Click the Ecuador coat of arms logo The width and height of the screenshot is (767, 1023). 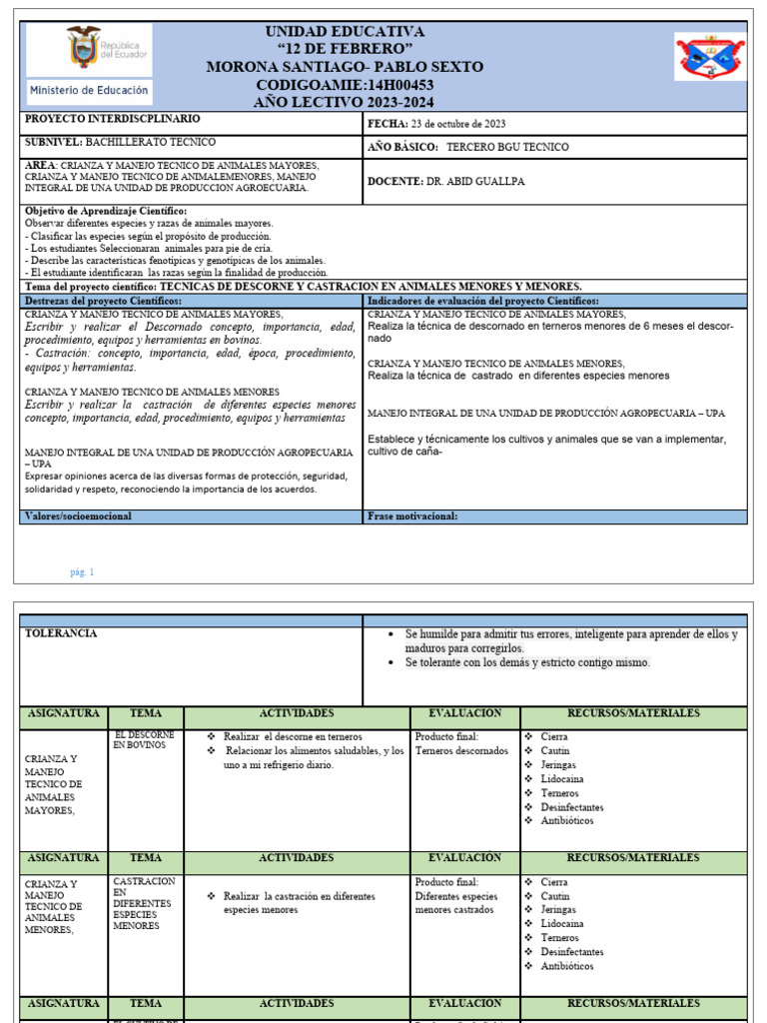coord(84,47)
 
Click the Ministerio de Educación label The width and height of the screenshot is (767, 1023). coord(89,90)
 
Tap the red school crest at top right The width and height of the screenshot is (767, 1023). coord(710,56)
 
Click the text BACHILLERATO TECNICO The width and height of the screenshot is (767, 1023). coord(150,142)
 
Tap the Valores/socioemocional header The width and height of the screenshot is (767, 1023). coord(78,516)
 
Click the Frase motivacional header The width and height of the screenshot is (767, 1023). coord(412,516)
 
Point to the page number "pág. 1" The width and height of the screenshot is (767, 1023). coord(82,572)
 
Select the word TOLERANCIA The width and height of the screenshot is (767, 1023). coord(61,633)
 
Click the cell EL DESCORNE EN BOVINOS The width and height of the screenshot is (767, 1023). coord(144,740)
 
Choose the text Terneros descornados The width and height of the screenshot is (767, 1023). coord(461,750)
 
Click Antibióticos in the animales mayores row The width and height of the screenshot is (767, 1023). coord(566,820)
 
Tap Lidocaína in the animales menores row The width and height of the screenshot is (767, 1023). coord(561,924)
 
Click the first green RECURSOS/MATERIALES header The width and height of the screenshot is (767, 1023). coord(633,713)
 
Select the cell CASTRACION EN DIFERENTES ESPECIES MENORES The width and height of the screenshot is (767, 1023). coord(144,903)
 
